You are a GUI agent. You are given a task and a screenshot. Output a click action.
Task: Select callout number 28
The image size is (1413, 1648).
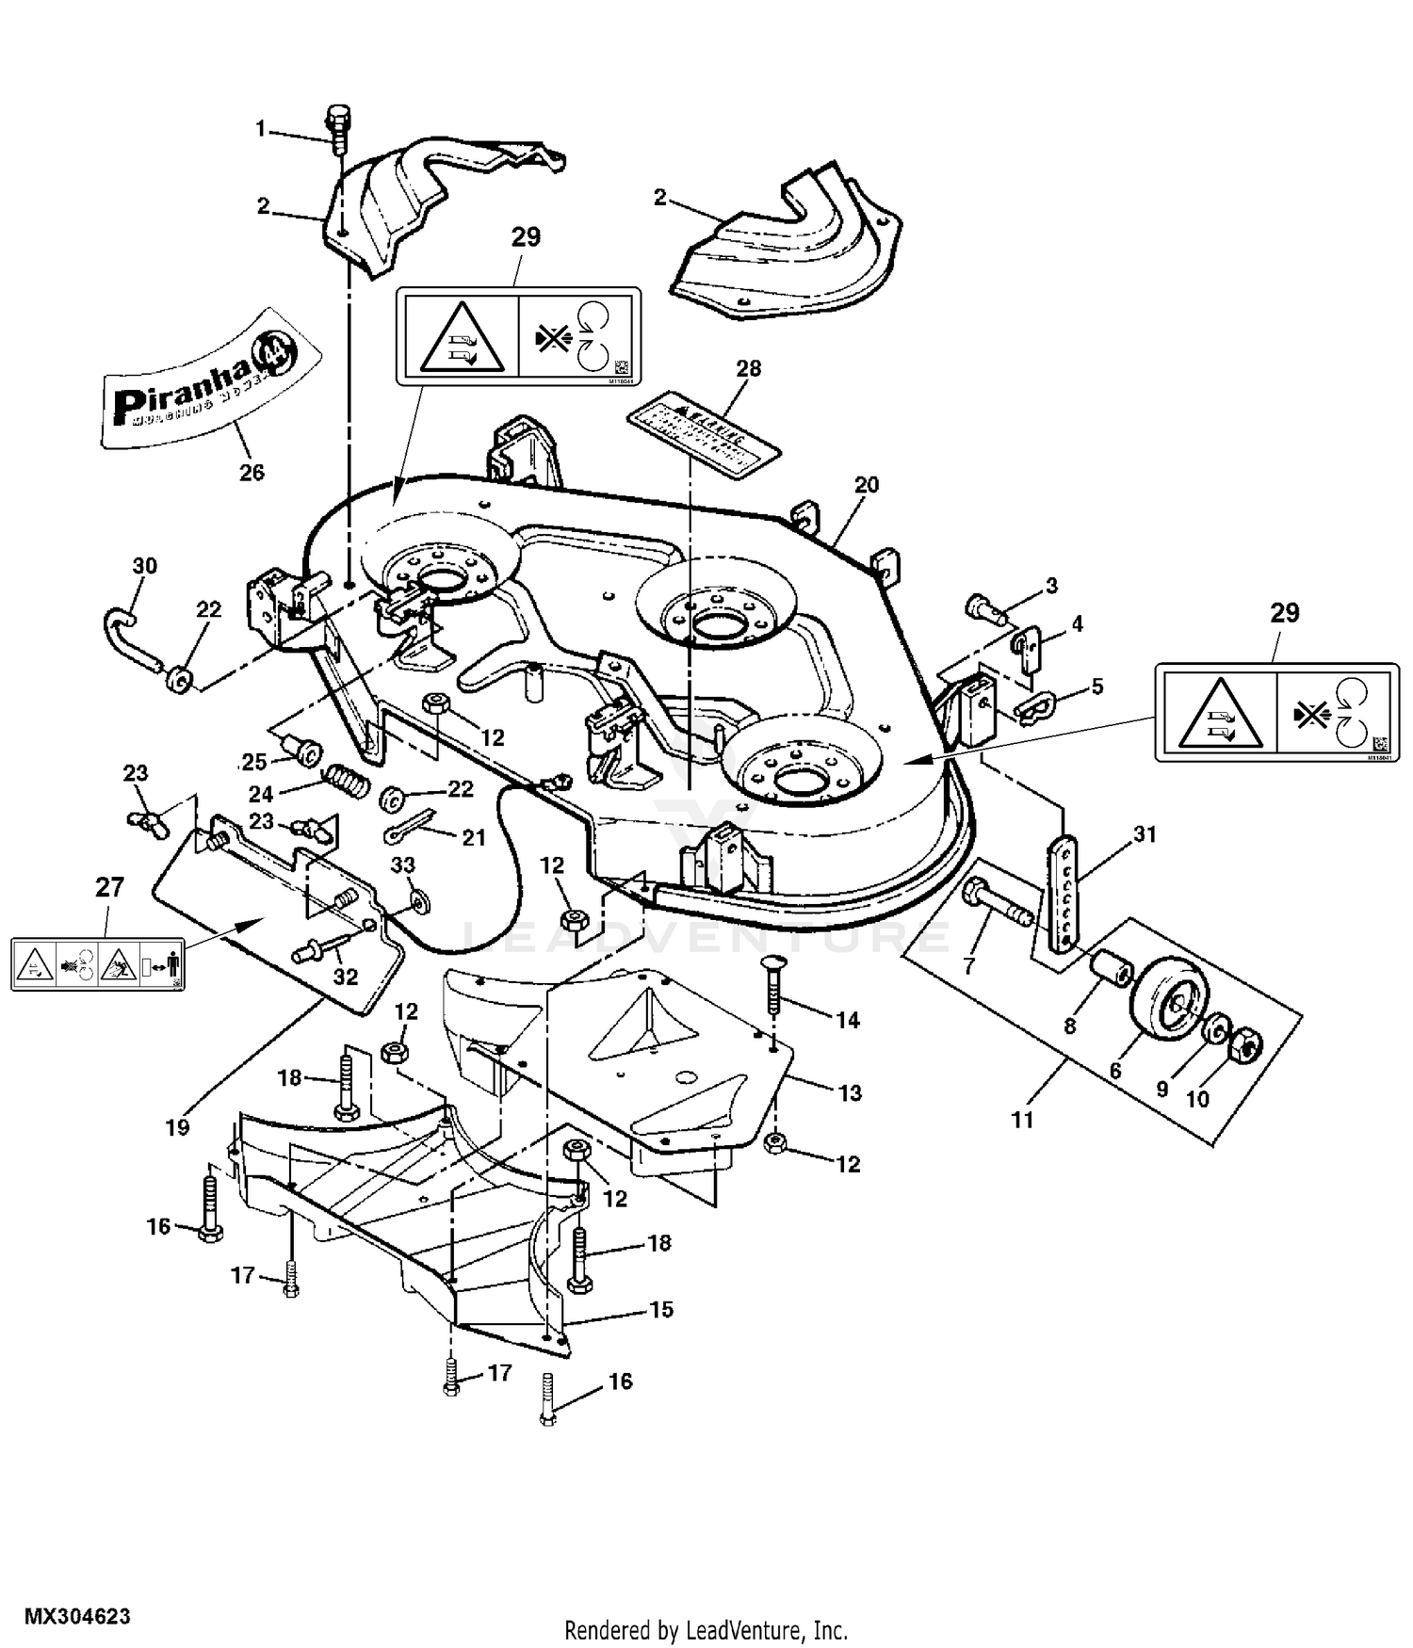click(748, 368)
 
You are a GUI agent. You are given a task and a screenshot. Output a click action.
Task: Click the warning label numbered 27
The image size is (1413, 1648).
click(98, 964)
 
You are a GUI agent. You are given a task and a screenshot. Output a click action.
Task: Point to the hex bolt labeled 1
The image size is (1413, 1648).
click(336, 122)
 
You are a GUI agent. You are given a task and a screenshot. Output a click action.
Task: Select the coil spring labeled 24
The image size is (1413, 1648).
click(347, 781)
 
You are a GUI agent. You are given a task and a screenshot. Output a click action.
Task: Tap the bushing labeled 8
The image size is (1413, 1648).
click(1110, 967)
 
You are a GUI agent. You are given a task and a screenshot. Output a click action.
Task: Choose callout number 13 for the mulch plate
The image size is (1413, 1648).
click(850, 1092)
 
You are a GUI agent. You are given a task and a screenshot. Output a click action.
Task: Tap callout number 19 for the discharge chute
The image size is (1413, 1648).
click(177, 1127)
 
